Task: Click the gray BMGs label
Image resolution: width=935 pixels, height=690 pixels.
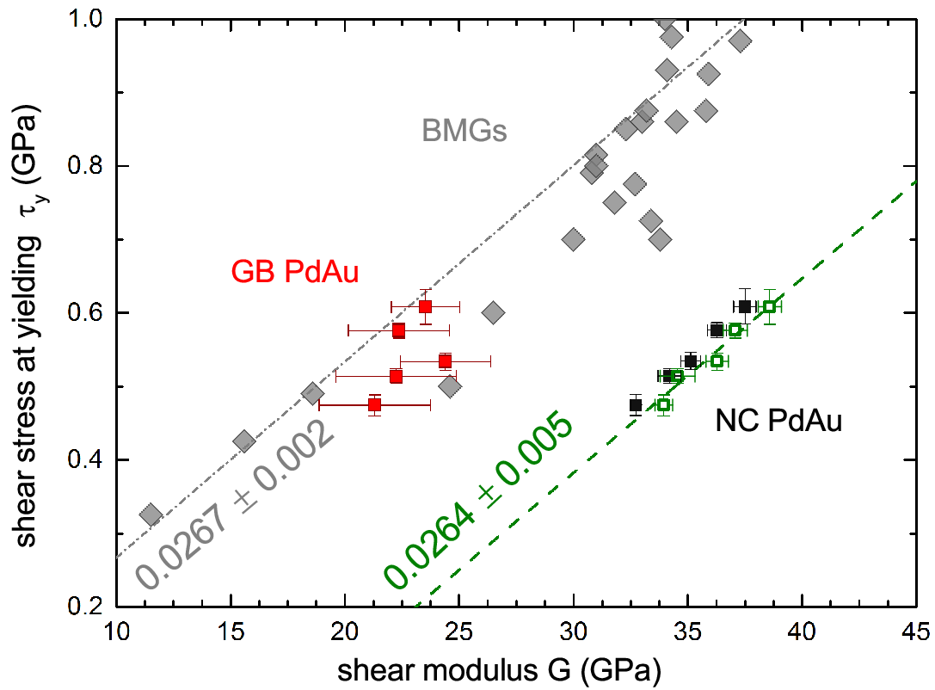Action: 464,131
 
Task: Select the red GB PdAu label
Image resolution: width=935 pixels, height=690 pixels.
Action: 294,272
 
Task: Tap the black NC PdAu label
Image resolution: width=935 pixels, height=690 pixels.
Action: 778,421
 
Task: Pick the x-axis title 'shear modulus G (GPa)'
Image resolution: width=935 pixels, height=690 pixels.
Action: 499,670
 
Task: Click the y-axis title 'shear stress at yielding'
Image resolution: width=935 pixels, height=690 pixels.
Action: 27,391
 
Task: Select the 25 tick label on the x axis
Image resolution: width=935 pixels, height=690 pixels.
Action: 458,631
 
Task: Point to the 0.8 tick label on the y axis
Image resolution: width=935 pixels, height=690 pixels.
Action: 85,166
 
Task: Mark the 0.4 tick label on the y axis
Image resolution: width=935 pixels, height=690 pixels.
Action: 85,459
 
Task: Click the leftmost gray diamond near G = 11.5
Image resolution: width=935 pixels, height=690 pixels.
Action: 151,514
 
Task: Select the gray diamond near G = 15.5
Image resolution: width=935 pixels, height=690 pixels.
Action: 243,441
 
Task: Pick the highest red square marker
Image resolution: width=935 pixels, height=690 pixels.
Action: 425,306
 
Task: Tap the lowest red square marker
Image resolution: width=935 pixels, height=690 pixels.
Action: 374,404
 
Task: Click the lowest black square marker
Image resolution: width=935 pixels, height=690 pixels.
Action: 636,404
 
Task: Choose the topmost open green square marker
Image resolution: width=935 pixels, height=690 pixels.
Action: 770,306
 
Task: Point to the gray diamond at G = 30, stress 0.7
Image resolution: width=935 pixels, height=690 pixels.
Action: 573,240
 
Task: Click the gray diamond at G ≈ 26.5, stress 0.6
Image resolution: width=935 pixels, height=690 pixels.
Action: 493,312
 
